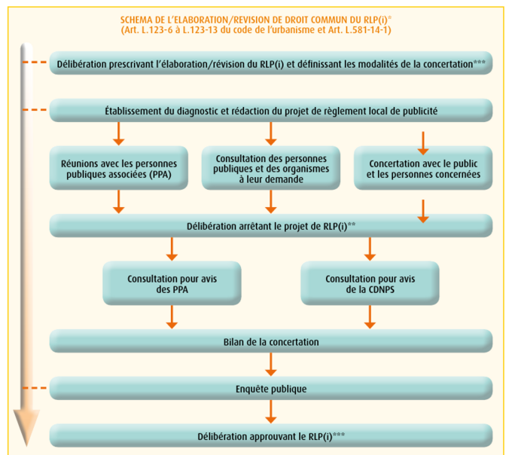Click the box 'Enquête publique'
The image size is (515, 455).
point(271,389)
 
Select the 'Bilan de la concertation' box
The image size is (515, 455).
point(271,342)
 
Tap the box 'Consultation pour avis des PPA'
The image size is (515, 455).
point(172,284)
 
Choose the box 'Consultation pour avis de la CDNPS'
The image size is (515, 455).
point(370,284)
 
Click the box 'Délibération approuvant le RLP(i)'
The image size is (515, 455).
point(271,436)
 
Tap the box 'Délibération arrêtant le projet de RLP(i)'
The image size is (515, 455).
point(271,225)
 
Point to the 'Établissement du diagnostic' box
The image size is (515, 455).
point(271,111)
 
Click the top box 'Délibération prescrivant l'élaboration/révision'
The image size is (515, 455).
point(271,63)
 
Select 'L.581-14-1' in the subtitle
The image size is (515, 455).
point(367,30)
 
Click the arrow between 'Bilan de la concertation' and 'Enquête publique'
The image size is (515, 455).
point(271,365)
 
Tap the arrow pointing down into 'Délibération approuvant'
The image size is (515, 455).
point(271,412)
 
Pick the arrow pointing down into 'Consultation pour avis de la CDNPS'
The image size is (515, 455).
point(370,249)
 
